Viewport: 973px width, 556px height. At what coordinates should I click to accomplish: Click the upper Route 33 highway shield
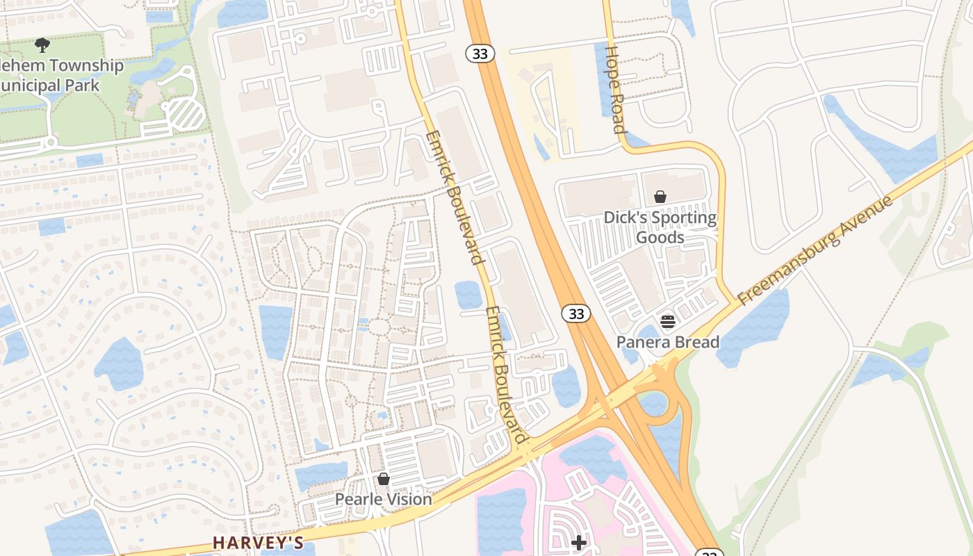(x=480, y=54)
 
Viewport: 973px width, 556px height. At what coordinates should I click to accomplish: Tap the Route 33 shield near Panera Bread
(x=576, y=313)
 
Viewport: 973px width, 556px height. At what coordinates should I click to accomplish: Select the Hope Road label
(x=615, y=89)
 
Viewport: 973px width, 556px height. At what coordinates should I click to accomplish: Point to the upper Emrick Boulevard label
(x=454, y=197)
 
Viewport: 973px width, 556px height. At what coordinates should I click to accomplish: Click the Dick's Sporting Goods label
(x=660, y=227)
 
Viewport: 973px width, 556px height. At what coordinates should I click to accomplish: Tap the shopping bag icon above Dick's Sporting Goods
(x=660, y=197)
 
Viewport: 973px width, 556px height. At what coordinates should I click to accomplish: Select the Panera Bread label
(x=668, y=342)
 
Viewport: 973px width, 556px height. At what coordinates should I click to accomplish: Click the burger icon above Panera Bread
(x=668, y=321)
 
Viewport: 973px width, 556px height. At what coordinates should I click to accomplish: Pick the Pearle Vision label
(x=383, y=499)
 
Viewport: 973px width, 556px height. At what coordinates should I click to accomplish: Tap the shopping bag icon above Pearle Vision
(x=383, y=479)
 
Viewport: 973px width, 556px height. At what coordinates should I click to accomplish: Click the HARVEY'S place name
(x=258, y=542)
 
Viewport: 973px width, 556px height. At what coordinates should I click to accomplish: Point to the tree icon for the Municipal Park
(x=42, y=46)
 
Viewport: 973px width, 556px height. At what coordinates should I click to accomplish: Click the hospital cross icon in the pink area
(x=578, y=542)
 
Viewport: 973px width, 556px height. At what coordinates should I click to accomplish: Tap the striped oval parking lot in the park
(x=185, y=114)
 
